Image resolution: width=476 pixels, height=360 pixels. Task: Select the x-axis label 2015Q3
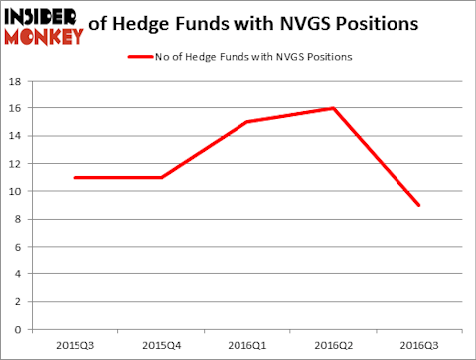pos(76,346)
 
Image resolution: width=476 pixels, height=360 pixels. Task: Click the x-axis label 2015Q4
pos(161,346)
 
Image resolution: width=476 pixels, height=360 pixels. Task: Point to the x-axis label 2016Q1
pos(246,346)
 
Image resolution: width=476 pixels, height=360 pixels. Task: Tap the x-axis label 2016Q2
pos(332,346)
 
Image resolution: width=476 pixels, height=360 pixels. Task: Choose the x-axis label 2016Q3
pos(417,346)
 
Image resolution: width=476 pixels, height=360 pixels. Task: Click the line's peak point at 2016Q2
pos(332,108)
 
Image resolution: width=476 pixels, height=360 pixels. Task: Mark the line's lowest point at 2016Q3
pos(417,205)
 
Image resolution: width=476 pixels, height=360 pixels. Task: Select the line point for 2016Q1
pos(246,122)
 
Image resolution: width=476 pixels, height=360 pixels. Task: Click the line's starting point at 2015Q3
pos(76,177)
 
